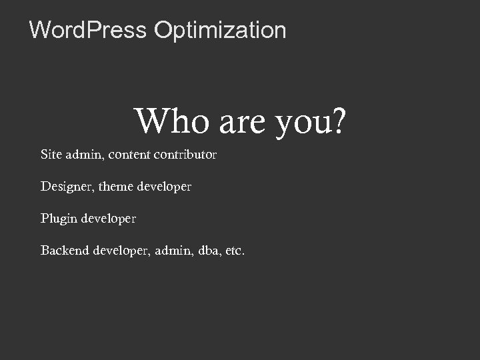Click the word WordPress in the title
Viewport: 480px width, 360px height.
coord(88,30)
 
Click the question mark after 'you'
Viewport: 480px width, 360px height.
coord(339,121)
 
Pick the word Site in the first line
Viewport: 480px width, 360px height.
coord(51,155)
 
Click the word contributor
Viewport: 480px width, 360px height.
coord(185,155)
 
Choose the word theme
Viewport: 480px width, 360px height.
coord(116,187)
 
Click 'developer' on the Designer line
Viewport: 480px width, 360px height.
coord(164,187)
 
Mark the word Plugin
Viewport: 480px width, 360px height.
coord(59,219)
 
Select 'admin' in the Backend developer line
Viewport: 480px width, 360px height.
coord(175,251)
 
